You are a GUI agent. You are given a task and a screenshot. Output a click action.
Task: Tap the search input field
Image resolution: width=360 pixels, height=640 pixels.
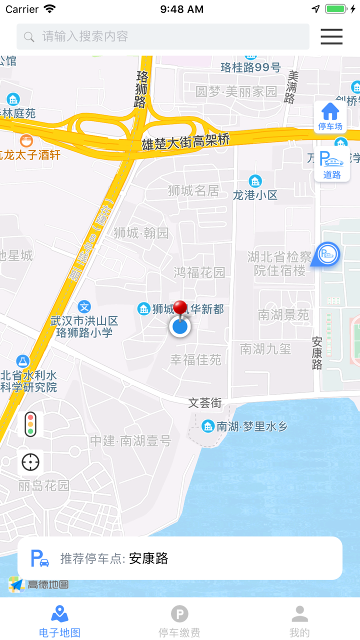click(x=163, y=36)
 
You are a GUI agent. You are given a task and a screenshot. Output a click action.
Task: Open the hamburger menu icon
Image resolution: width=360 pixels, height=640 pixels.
click(x=331, y=36)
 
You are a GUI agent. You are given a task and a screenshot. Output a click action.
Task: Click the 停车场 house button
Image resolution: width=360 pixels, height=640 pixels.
click(x=330, y=116)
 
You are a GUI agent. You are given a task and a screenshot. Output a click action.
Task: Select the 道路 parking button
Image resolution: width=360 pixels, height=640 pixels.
click(x=332, y=164)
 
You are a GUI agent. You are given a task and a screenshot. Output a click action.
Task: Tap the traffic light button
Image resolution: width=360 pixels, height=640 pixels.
click(x=30, y=424)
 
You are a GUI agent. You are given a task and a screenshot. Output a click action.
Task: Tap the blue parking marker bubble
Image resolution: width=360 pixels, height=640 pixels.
click(x=328, y=254)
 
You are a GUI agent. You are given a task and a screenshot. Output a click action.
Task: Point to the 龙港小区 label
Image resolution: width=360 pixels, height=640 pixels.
click(x=255, y=195)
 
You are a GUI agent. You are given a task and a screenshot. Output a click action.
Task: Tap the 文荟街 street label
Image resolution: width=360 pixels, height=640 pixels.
click(x=205, y=402)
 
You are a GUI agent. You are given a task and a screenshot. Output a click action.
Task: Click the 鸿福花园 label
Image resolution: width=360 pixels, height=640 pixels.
click(x=199, y=272)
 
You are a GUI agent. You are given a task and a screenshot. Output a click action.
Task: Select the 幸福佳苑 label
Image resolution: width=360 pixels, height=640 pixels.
click(x=195, y=359)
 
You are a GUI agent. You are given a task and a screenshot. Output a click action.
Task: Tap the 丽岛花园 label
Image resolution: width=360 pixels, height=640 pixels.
click(x=43, y=485)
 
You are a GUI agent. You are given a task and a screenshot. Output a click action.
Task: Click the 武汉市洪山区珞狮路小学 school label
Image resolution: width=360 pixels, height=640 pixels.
click(x=84, y=326)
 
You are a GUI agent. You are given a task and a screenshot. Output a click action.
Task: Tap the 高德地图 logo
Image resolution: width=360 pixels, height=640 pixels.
click(x=38, y=584)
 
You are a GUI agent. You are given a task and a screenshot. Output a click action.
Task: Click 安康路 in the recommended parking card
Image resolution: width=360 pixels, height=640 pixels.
click(x=148, y=558)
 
